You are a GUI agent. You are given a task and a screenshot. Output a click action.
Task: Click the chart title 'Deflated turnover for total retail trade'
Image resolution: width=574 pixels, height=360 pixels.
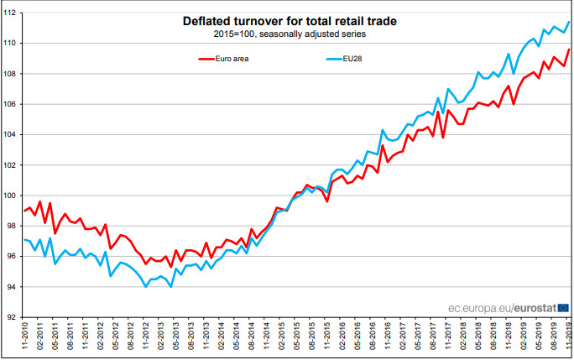point(287,21)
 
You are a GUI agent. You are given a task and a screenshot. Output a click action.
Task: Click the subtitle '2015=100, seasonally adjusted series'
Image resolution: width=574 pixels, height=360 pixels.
point(287,34)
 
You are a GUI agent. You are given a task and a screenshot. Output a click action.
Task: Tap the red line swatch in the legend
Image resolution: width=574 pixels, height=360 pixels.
point(207,59)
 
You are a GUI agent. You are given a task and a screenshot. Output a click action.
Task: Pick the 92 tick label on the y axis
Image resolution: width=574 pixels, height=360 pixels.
point(14,318)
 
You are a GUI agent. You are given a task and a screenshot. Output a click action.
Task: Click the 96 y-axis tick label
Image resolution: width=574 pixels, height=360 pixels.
point(14,257)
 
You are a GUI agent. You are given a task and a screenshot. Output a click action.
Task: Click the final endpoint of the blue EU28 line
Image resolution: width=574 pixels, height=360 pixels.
point(569,22)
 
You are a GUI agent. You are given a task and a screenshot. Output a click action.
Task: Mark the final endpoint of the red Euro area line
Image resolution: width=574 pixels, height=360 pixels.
point(569,50)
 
